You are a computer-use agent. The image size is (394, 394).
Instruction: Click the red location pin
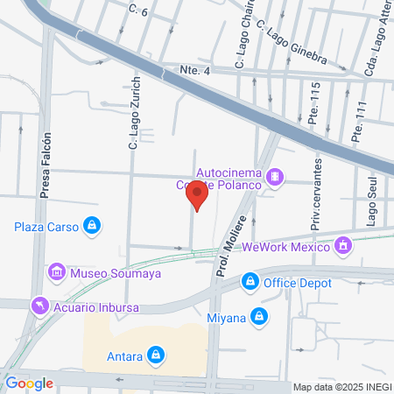coord(198,195)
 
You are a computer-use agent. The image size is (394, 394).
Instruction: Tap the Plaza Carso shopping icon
coord(91,227)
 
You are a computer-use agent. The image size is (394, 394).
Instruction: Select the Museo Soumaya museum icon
coord(58,271)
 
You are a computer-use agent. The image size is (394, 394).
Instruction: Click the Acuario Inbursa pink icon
coord(39,306)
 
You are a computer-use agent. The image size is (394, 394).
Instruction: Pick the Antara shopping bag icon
coord(155,355)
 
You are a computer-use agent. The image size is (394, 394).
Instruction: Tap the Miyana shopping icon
coord(259,315)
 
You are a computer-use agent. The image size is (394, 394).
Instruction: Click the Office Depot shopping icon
coord(250,281)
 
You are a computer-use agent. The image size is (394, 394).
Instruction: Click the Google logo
coord(30,383)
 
